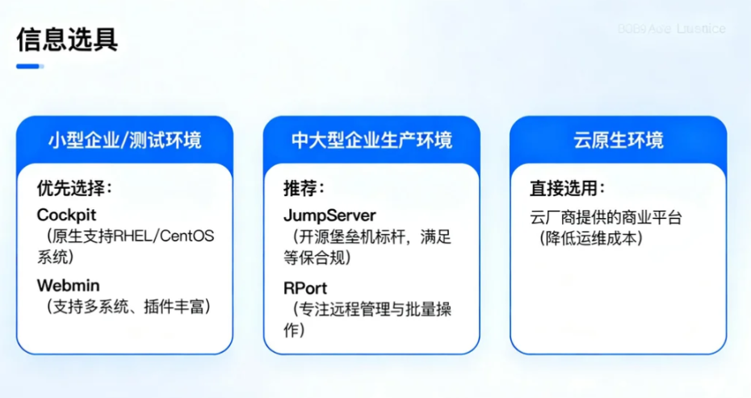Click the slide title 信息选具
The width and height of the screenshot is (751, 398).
(x=67, y=39)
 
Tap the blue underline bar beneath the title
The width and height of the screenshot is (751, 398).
(x=29, y=66)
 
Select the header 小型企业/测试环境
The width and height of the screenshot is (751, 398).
(x=124, y=140)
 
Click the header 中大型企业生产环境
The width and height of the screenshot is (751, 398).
(x=371, y=140)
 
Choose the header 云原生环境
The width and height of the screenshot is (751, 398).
(x=619, y=140)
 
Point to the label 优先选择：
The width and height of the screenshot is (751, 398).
(x=73, y=188)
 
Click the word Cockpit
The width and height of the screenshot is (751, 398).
(x=67, y=216)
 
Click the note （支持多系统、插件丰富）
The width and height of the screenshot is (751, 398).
(x=128, y=307)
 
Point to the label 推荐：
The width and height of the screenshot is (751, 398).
(x=304, y=188)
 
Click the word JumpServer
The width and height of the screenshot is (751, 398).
(x=329, y=216)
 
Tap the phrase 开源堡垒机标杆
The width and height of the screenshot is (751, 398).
(x=352, y=237)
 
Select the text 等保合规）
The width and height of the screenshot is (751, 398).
(x=317, y=258)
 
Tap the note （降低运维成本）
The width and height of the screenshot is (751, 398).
(x=594, y=239)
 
